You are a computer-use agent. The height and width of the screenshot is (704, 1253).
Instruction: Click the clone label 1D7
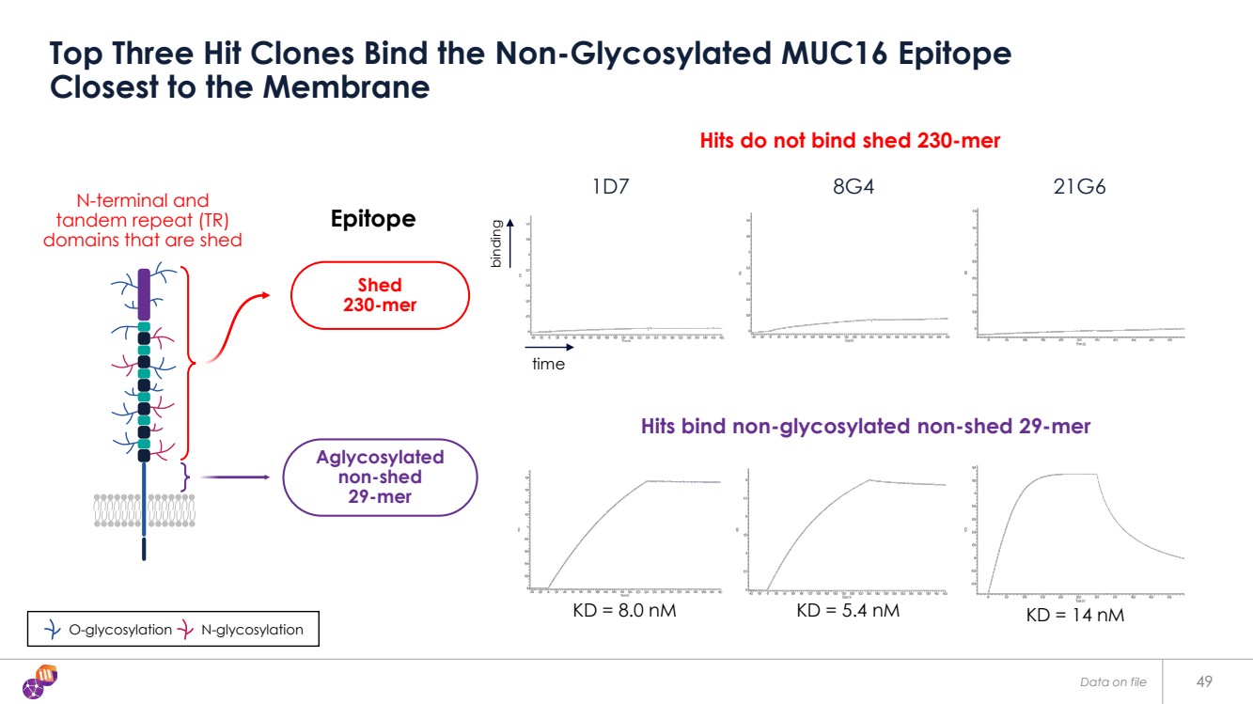pyautogui.click(x=611, y=186)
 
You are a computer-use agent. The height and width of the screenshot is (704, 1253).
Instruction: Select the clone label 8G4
pyautogui.click(x=854, y=186)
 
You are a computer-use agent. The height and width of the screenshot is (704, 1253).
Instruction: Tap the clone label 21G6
pyautogui.click(x=1080, y=186)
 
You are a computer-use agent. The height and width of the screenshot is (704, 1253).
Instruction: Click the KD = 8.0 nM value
pyautogui.click(x=624, y=611)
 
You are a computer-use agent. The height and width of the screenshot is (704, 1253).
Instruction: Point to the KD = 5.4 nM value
pyautogui.click(x=848, y=611)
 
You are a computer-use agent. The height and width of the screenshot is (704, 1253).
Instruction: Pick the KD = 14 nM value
pyautogui.click(x=1074, y=616)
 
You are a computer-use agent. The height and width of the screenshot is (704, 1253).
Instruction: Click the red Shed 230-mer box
pyautogui.click(x=380, y=294)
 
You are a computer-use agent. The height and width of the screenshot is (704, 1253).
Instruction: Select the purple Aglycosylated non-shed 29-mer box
pyautogui.click(x=380, y=477)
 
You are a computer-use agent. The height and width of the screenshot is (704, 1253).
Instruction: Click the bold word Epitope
pyautogui.click(x=373, y=219)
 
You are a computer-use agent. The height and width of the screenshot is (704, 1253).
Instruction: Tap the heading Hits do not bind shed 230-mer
pyautogui.click(x=850, y=141)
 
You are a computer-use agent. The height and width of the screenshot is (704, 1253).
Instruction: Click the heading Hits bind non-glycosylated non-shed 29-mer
pyautogui.click(x=865, y=426)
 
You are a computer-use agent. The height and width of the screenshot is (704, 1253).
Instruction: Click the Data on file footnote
pyautogui.click(x=1113, y=682)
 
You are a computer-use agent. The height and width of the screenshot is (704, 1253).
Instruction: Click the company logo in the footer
pyautogui.click(x=39, y=681)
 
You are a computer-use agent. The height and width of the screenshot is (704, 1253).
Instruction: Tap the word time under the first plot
pyautogui.click(x=548, y=364)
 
